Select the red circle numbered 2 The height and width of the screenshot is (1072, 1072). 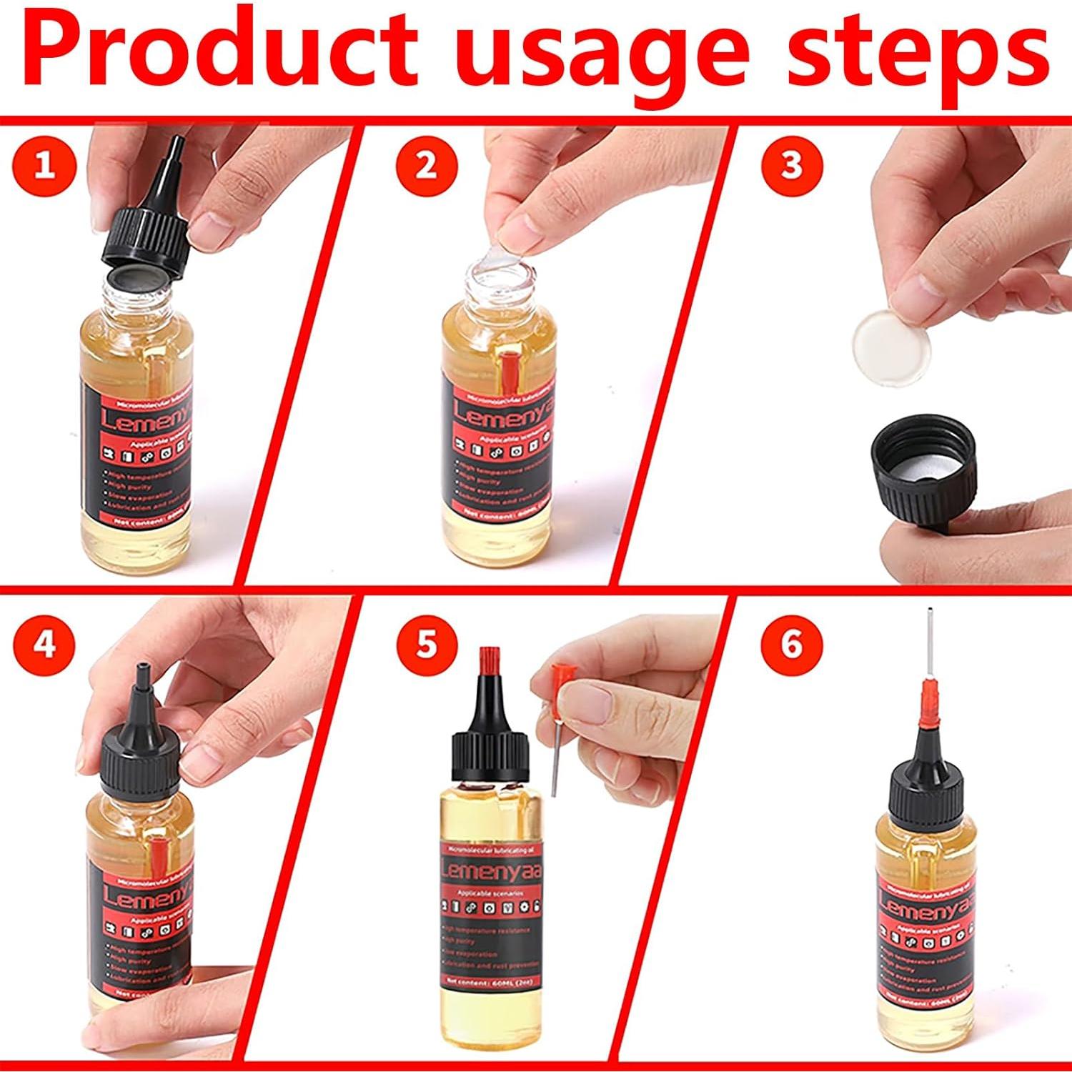pyautogui.click(x=427, y=166)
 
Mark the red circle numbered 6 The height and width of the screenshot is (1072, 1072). pyautogui.click(x=792, y=645)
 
